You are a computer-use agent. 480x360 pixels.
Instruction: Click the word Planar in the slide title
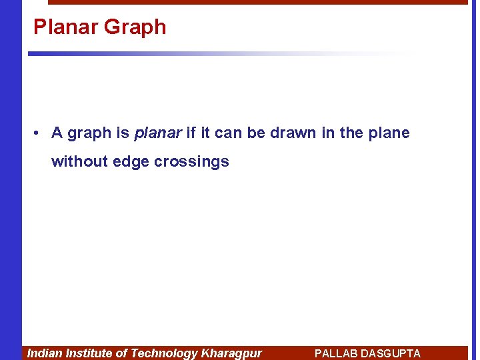pyautogui.click(x=57, y=27)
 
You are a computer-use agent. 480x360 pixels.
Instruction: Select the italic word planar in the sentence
pyautogui.click(x=157, y=133)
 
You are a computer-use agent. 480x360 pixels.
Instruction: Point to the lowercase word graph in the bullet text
pyautogui.click(x=89, y=133)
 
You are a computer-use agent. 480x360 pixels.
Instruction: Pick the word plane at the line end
pyautogui.click(x=388, y=133)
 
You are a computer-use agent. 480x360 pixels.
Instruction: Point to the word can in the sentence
pyautogui.click(x=229, y=133)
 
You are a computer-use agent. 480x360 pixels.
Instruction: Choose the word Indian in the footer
pyautogui.click(x=45, y=353)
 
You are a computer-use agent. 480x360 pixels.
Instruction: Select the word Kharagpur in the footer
pyautogui.click(x=231, y=353)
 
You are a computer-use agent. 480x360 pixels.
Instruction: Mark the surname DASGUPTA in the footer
pyautogui.click(x=393, y=353)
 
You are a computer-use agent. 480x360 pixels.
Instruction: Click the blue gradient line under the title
pyautogui.click(x=167, y=53)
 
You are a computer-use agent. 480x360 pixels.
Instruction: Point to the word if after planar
pyautogui.click(x=191, y=133)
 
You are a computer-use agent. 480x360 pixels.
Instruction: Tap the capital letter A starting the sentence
pyautogui.click(x=57, y=133)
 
